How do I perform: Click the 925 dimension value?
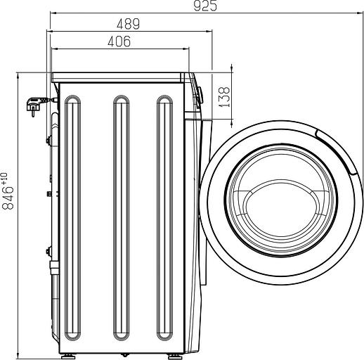coord(205,6)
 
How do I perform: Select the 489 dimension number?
coord(128,24)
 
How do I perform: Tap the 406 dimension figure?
coord(119,41)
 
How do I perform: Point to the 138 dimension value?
coord(224,97)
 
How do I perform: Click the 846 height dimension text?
coord(8,198)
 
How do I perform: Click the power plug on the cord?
coord(34,106)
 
